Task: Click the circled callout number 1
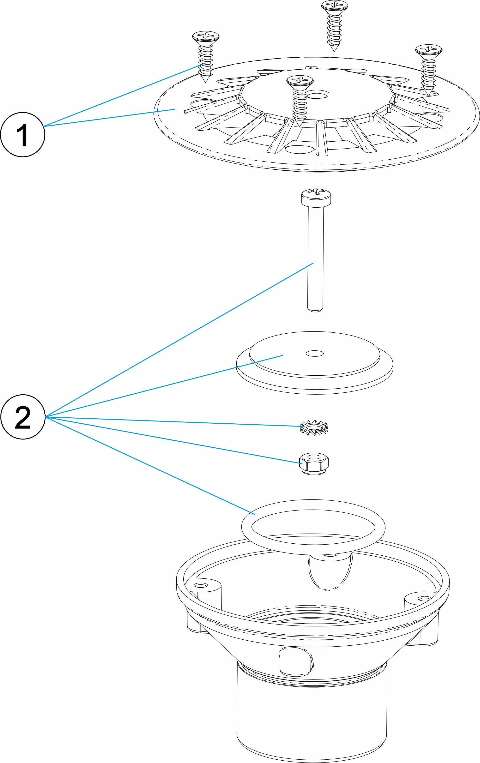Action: click(23, 135)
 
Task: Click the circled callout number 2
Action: click(23, 417)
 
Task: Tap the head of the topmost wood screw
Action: click(335, 5)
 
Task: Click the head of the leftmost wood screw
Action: click(206, 36)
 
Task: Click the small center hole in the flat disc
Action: click(314, 353)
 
